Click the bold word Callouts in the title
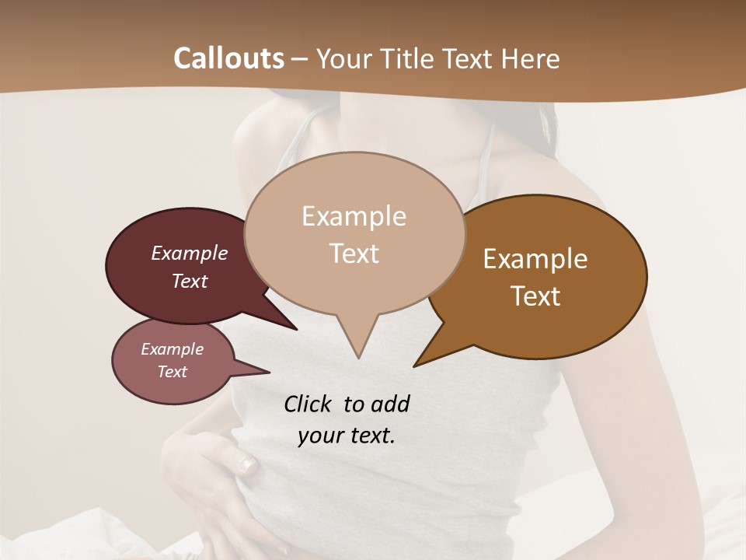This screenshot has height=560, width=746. point(228,58)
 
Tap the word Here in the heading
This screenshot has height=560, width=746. point(531,58)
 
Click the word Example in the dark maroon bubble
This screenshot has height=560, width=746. point(190,253)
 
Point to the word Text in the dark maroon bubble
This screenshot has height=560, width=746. point(190,281)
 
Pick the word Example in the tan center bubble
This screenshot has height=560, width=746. point(354,216)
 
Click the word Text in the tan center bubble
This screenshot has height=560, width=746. point(354,254)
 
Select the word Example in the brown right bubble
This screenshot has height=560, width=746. point(535,258)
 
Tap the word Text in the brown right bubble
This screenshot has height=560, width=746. point(535,296)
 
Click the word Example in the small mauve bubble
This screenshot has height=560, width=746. point(173,349)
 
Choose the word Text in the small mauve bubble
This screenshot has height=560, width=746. point(173,372)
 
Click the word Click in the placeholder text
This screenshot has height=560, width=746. point(309,404)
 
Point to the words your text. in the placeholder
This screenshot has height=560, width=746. point(347,436)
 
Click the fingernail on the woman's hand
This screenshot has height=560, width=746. point(247,465)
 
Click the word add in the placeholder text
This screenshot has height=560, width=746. point(390,404)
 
